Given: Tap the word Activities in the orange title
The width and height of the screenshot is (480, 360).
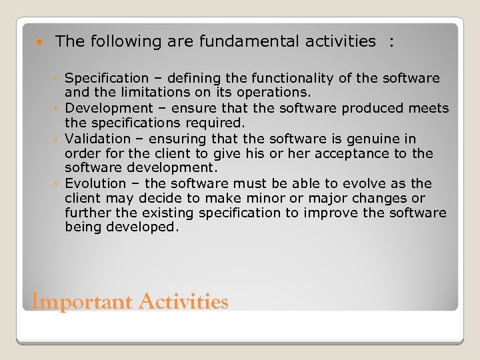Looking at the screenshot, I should [183, 302].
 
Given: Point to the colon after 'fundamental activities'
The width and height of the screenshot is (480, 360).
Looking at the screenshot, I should [391, 41].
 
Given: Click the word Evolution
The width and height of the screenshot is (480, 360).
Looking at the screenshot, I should [95, 183].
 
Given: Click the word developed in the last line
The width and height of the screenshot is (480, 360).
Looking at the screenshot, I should [145, 227].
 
